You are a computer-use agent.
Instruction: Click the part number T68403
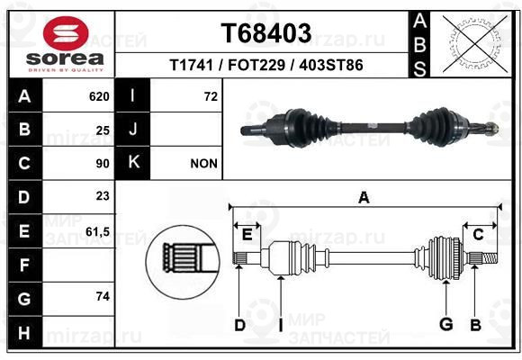[266, 33]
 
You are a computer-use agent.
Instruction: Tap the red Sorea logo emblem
[66, 33]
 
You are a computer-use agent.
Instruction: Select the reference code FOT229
[256, 65]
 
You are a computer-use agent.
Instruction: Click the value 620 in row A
[99, 96]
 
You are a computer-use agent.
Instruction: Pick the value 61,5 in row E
[97, 231]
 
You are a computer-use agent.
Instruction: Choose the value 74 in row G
[103, 296]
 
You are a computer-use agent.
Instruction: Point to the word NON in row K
[203, 164]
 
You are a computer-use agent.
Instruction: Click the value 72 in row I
[211, 96]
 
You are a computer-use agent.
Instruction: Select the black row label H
[25, 332]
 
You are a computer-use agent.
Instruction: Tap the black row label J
[132, 129]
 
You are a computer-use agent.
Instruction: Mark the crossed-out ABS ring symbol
[475, 44]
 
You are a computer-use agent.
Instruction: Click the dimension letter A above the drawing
[364, 197]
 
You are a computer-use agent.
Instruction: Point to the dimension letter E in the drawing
[247, 235]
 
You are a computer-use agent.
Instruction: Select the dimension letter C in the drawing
[478, 235]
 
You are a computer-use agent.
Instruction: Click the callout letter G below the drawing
[445, 324]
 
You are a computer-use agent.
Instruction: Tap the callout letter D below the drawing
[239, 325]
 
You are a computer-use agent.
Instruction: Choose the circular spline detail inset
[183, 262]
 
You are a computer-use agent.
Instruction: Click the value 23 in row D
[103, 196]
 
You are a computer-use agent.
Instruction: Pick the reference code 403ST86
[331, 65]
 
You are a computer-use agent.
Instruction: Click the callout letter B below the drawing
[475, 325]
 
